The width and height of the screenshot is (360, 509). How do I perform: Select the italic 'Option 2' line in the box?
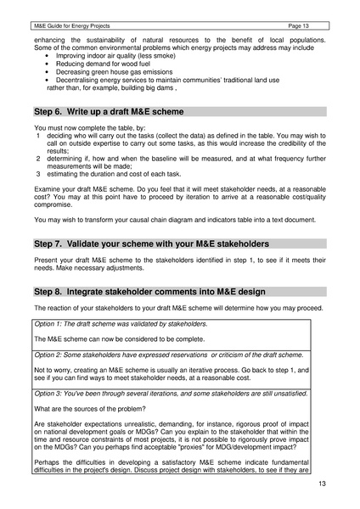[x=170, y=354]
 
